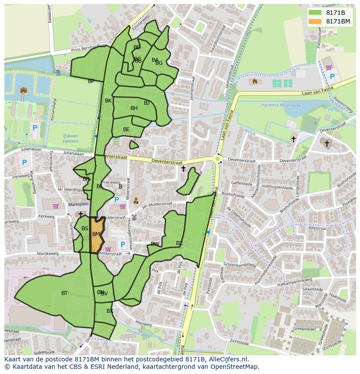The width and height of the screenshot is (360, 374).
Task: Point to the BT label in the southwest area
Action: tap(64, 293)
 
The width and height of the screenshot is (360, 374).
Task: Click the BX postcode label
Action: tap(110, 311)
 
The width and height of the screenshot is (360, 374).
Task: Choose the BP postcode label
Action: tap(91, 81)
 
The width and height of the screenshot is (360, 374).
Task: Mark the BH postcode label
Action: tap(134, 108)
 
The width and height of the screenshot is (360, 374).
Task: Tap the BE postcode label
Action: tap(126, 129)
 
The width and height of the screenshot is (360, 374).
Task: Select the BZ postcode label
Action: tap(180, 243)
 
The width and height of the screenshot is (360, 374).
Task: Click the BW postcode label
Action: tap(155, 244)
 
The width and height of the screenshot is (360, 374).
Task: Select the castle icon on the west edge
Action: tap(23, 90)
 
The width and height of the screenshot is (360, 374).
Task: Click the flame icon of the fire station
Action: tap(254, 81)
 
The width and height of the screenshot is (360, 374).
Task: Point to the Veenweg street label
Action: tap(143, 323)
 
